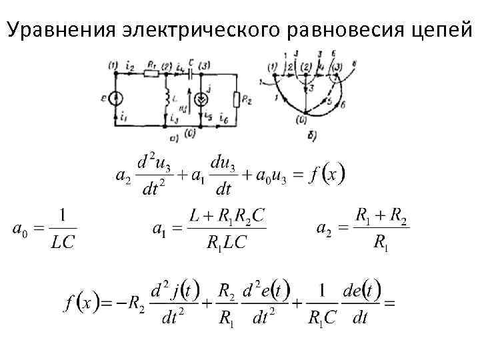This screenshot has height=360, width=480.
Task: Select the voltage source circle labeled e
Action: (x=115, y=99)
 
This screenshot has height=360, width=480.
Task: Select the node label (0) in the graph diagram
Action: (x=303, y=120)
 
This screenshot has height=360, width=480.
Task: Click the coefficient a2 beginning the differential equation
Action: (x=123, y=177)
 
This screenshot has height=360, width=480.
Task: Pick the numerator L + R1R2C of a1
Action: (x=226, y=217)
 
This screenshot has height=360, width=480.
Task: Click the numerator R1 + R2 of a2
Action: (x=381, y=216)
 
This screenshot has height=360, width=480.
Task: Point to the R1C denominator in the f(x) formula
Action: (x=321, y=319)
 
